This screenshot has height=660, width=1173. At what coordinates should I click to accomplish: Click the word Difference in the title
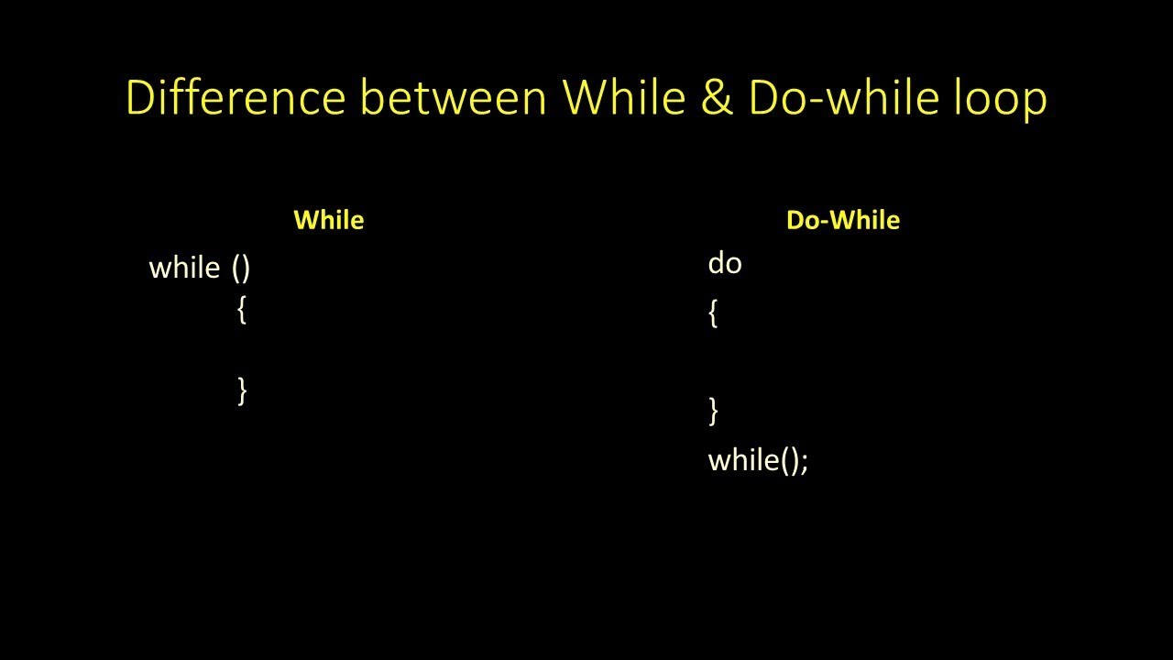click(236, 97)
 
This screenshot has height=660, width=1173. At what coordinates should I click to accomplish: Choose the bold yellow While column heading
click(328, 220)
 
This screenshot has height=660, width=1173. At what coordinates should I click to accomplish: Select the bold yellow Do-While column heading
click(842, 220)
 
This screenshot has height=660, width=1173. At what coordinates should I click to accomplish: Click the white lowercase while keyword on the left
click(184, 268)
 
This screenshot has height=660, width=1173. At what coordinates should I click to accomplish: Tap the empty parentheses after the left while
click(241, 268)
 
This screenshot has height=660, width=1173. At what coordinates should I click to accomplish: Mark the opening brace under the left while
click(242, 311)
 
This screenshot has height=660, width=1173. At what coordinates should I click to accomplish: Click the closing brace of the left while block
click(242, 390)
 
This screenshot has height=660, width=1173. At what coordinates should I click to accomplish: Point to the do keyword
click(724, 264)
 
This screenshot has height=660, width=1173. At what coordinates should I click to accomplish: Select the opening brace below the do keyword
click(713, 314)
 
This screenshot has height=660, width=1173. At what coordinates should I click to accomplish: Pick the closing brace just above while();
click(713, 410)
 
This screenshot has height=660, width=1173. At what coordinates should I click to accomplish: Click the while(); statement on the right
click(758, 459)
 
